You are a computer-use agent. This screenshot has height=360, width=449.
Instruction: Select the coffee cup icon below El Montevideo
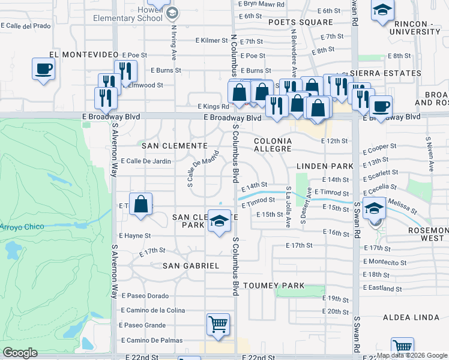pos(43,68)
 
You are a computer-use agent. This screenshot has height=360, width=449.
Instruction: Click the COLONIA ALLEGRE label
pos(273,145)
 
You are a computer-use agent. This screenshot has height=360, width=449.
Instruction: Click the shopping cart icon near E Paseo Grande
pos(218,325)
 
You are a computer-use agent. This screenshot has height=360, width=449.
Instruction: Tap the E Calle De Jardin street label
pos(146,161)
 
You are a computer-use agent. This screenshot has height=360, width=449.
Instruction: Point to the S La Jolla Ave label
pos(289,206)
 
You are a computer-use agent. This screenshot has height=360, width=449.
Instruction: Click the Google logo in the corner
pos(20,353)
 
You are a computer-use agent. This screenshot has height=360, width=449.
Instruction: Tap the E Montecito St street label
pos(385,262)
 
